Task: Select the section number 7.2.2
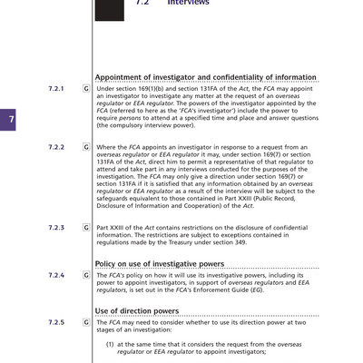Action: pos(55,146)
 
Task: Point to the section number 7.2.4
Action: pos(55,274)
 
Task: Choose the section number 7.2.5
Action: pos(55,322)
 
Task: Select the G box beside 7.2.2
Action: pos(85,146)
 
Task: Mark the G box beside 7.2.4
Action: pos(85,274)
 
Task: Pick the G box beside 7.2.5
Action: pos(85,322)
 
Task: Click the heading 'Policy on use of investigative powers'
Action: pos(160,263)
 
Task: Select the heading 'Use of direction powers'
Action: pos(137,311)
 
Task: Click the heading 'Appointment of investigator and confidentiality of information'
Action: pos(206,78)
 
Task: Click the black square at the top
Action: pos(110,9)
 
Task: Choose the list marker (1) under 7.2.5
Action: pos(110,345)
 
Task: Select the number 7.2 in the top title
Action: pos(142,4)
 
